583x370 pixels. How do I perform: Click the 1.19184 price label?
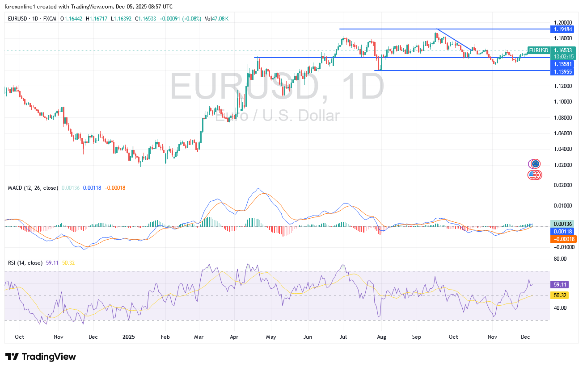pyautogui.click(x=562, y=29)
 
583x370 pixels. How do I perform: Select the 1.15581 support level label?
pyautogui.click(x=562, y=64)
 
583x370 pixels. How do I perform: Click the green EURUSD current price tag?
pyautogui.click(x=538, y=50)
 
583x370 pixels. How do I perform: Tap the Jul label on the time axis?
pyautogui.click(x=343, y=337)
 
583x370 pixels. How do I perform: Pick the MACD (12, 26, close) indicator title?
pyautogui.click(x=33, y=188)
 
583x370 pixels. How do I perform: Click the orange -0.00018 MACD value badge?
pyautogui.click(x=564, y=239)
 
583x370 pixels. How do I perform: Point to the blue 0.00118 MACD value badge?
pyautogui.click(x=562, y=232)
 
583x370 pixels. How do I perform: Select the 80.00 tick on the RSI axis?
pyautogui.click(x=560, y=259)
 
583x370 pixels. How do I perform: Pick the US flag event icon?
pyautogui.click(x=533, y=175)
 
